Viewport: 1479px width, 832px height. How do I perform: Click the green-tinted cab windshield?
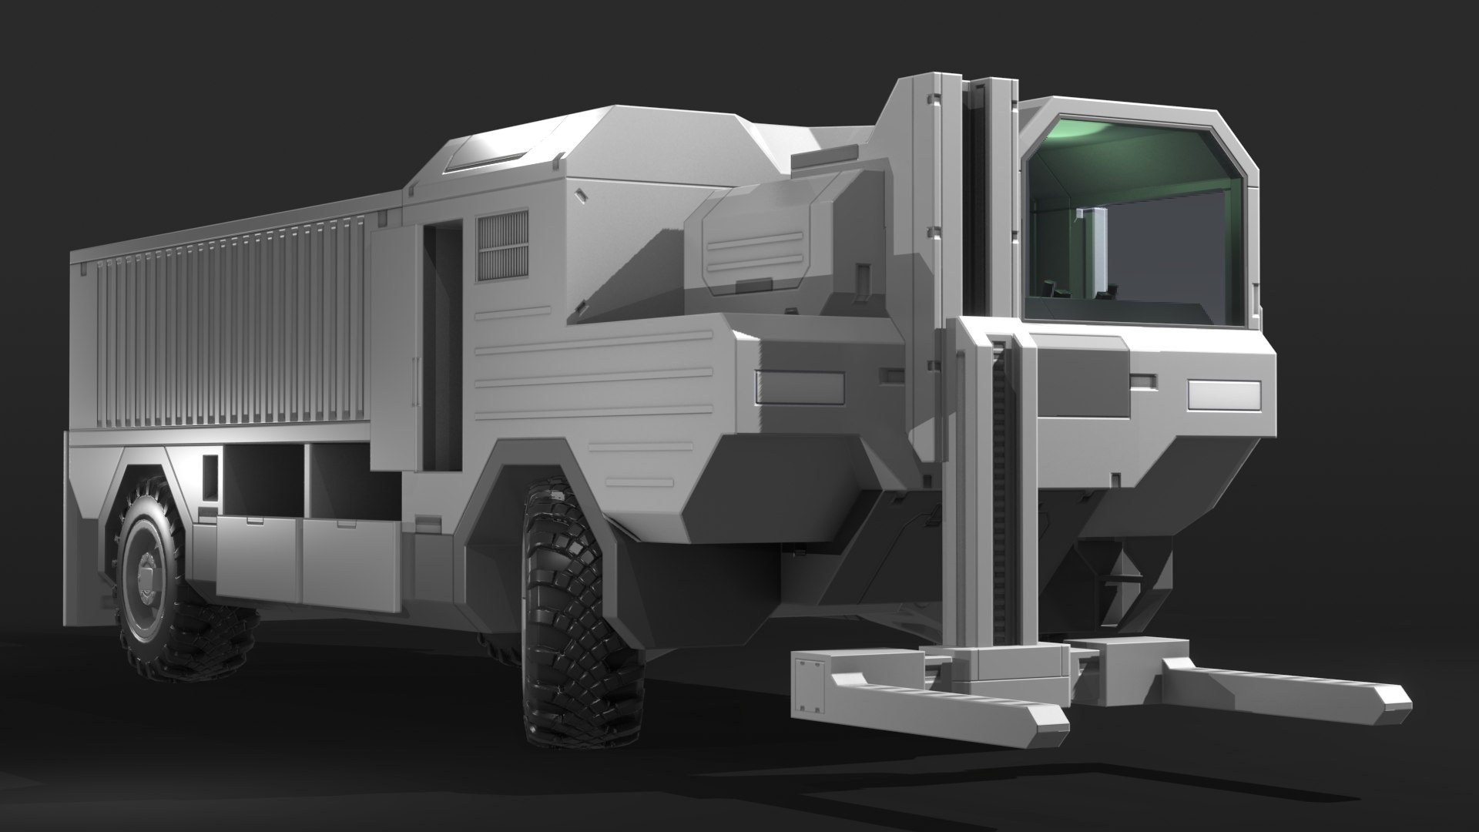1136,223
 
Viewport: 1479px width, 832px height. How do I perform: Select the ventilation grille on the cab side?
502,247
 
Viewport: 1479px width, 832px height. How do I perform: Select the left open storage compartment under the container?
262,481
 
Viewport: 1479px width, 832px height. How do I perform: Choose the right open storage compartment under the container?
350,481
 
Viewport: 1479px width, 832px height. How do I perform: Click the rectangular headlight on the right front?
1223,395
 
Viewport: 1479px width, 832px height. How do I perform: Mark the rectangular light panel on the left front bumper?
798,387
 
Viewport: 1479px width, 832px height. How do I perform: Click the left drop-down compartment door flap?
258,559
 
